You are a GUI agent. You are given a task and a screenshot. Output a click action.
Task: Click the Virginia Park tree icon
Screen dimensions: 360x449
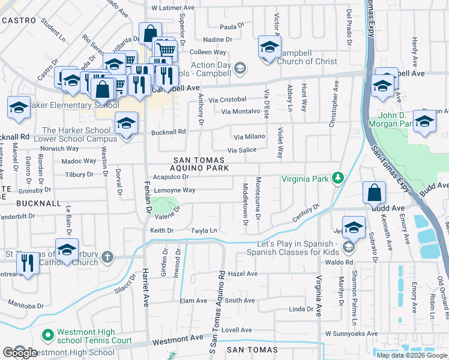pos(339,178)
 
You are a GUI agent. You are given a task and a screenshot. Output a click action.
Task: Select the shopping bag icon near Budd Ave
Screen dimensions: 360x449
pos(374,193)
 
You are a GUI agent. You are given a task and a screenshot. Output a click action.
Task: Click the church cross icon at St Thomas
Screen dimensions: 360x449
pos(107,257)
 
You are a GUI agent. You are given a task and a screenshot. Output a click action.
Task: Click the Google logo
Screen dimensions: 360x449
pos(19,352)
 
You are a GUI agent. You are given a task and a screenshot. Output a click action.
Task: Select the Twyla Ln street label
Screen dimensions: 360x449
pos(203,230)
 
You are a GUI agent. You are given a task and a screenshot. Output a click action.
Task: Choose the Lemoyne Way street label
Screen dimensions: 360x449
pos(175,190)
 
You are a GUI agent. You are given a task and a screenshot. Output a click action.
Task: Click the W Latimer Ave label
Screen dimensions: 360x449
pos(173,8)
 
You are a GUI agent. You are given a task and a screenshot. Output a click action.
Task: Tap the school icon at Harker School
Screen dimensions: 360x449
pos(125,124)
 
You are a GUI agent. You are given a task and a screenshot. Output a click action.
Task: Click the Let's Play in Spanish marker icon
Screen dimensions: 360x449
pos(348,247)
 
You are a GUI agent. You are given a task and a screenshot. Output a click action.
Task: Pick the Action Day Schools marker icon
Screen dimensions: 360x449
pos(240,68)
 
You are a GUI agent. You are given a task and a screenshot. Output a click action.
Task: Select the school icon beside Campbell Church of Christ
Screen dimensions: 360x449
pos(270,47)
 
